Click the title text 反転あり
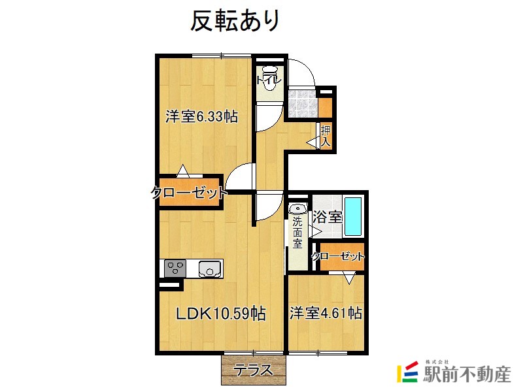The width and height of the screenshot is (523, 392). pyautogui.click(x=235, y=21)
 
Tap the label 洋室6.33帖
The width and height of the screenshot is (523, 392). pyautogui.click(x=202, y=117)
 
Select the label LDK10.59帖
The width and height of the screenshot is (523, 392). pyautogui.click(x=221, y=314)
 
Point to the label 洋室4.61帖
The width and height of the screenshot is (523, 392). pyautogui.click(x=326, y=313)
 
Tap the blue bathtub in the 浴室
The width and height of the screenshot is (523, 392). pyautogui.click(x=353, y=216)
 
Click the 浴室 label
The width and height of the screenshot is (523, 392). pyautogui.click(x=328, y=217)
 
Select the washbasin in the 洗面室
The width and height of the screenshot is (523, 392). pyautogui.click(x=298, y=208)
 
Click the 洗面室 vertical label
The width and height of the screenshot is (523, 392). pyautogui.click(x=297, y=233)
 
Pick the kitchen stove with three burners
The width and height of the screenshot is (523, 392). pyautogui.click(x=175, y=269)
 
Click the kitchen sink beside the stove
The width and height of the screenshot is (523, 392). pyautogui.click(x=210, y=269)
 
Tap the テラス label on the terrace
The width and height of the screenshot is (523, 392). pyautogui.click(x=252, y=370)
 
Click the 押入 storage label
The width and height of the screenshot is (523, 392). pyautogui.click(x=326, y=136)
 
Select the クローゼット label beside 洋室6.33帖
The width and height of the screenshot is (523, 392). pyautogui.click(x=189, y=193)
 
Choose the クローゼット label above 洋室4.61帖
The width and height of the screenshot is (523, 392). pyautogui.click(x=338, y=256)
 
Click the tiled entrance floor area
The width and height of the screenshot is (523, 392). pyautogui.click(x=302, y=104)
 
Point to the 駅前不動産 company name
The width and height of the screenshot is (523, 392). pyautogui.click(x=467, y=374)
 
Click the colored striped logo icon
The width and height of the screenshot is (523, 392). pyautogui.click(x=407, y=372)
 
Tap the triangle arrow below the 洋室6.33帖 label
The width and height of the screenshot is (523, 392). pyautogui.click(x=182, y=171)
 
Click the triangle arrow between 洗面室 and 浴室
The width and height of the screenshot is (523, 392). pyautogui.click(x=314, y=231)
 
